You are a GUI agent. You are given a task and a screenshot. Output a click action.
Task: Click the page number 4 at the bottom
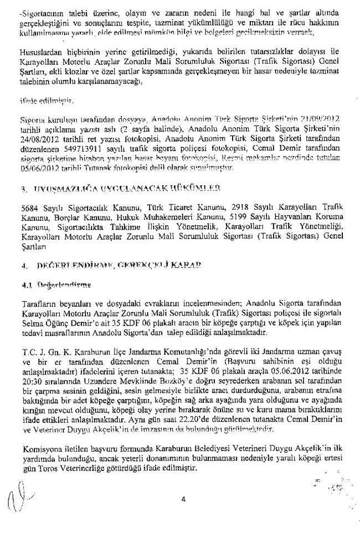pyautogui.click(x=182, y=499)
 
